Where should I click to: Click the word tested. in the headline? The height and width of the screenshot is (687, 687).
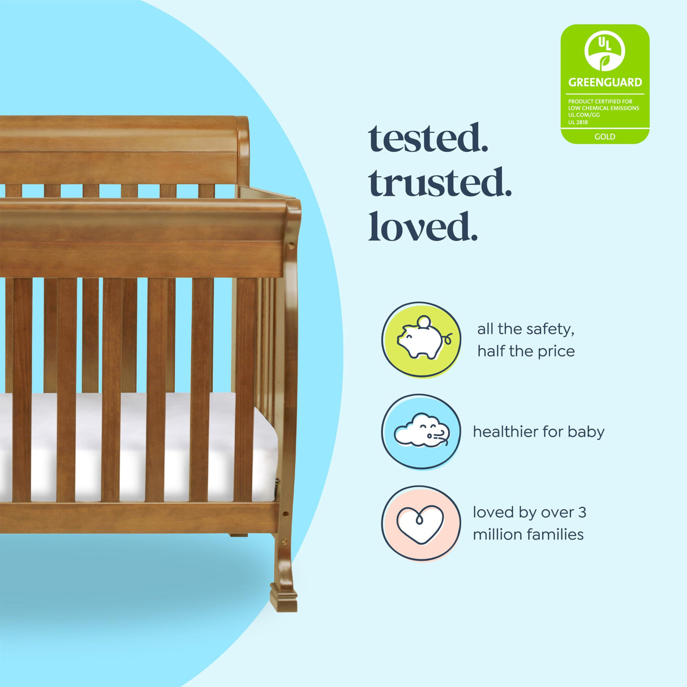[428, 139]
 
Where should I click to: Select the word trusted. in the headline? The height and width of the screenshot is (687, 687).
[440, 183]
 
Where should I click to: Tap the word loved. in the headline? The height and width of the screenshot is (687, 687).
[423, 227]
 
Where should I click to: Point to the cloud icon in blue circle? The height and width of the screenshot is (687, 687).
[421, 431]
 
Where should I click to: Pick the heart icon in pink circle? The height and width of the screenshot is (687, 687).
[420, 523]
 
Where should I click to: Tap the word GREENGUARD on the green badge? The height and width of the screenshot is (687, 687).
[605, 83]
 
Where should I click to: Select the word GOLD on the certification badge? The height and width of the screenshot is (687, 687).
[604, 136]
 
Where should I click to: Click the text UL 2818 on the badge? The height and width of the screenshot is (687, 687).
[578, 122]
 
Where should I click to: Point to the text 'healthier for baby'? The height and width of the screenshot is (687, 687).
[539, 432]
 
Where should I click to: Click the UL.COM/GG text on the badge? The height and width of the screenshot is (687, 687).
[583, 115]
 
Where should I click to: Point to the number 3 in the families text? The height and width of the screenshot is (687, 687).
[582, 513]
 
